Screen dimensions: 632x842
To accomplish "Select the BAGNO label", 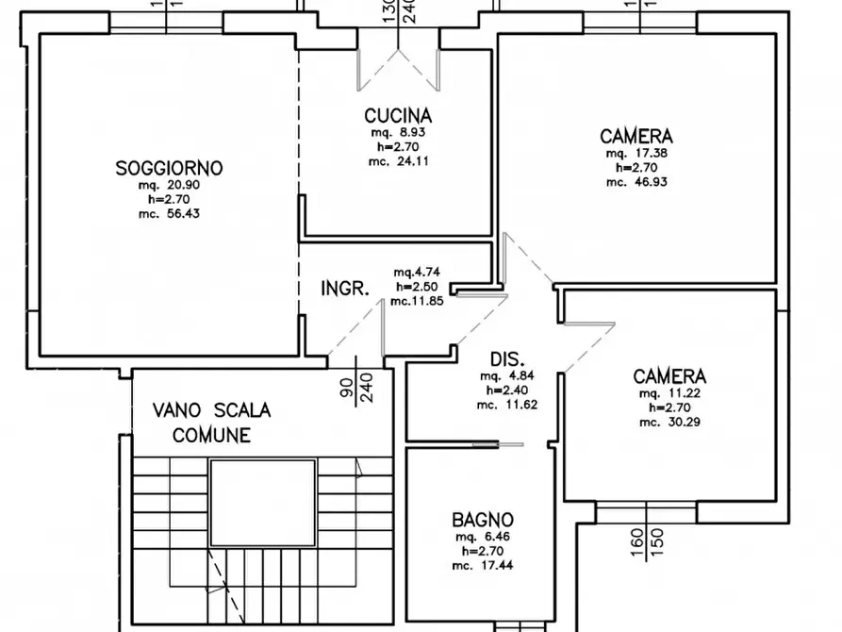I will point(482,519).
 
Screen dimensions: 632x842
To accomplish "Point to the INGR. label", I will point(345,289).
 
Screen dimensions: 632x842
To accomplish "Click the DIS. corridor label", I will point(507,358).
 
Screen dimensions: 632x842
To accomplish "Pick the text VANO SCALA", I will point(212,411).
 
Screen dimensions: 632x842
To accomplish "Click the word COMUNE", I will point(212,435).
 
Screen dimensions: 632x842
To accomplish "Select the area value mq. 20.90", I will point(169,185).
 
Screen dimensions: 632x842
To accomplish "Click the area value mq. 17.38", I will point(637,152).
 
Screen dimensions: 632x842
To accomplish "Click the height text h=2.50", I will point(415,287).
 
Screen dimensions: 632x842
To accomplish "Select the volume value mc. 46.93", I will point(637,181).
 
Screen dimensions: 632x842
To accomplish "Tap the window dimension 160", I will point(636,545).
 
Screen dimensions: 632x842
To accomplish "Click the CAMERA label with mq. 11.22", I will point(668,375).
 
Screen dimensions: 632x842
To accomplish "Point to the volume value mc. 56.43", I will point(169,214).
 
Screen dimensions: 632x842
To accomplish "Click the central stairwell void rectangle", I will point(261,502).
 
